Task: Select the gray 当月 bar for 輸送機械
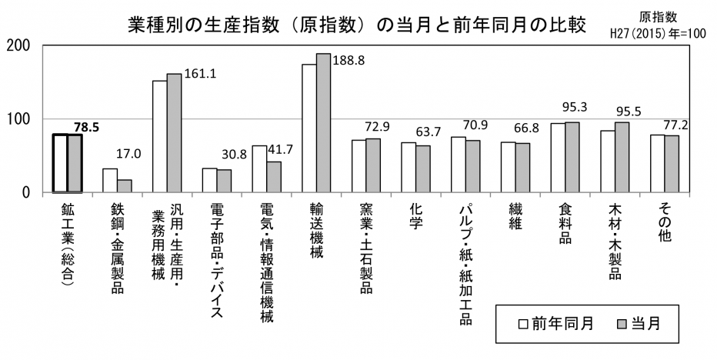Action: click(x=323, y=123)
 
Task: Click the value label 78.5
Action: click(x=88, y=127)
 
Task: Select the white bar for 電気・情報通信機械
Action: click(x=259, y=168)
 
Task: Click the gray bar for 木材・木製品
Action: click(x=622, y=157)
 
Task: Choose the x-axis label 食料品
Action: click(x=566, y=224)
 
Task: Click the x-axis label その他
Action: click(x=665, y=224)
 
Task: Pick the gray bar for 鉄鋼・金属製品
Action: click(x=124, y=185)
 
